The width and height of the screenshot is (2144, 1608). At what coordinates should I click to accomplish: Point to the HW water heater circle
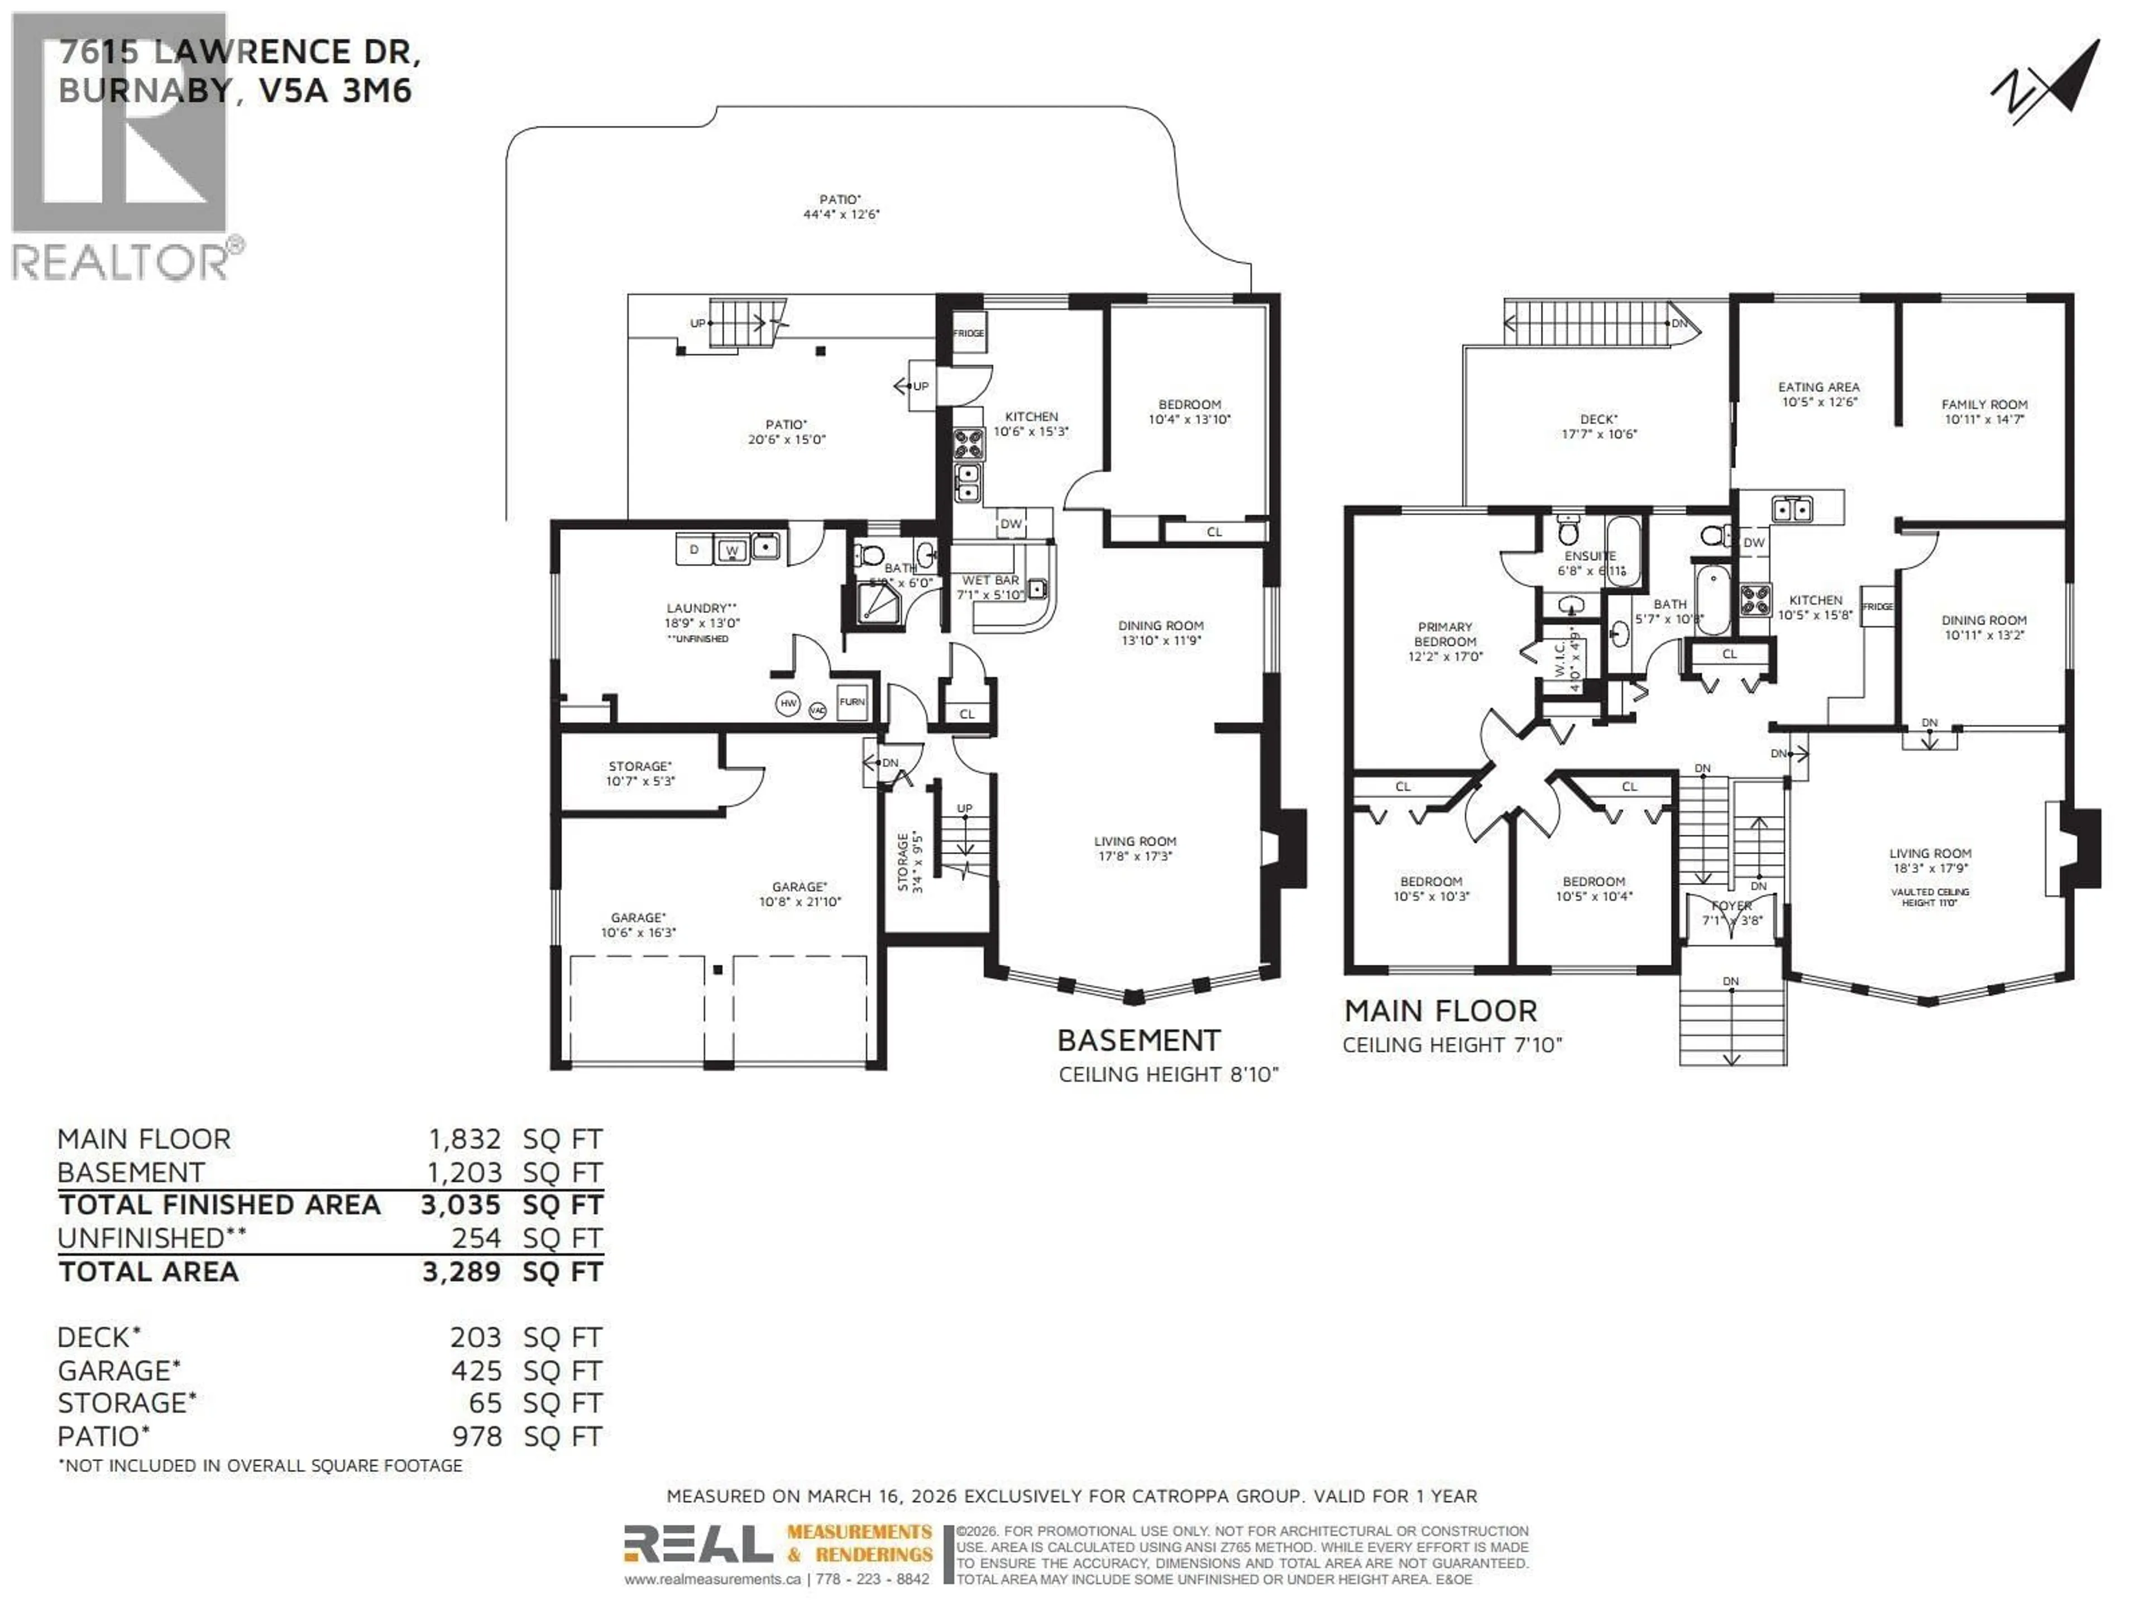[788, 703]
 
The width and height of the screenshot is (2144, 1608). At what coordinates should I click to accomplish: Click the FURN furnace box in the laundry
[852, 702]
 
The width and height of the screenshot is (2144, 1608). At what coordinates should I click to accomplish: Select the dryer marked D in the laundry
[694, 549]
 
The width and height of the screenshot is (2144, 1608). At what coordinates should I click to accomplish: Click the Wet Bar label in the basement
[989, 586]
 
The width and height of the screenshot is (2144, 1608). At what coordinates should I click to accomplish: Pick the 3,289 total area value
[461, 1272]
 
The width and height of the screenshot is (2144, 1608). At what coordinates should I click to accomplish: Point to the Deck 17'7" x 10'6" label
[1599, 427]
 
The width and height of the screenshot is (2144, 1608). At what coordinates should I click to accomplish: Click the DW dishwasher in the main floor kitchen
[1753, 543]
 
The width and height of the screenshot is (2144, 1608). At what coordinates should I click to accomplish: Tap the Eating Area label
[1818, 394]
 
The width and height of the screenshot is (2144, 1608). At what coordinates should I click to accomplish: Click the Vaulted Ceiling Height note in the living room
[1929, 897]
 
